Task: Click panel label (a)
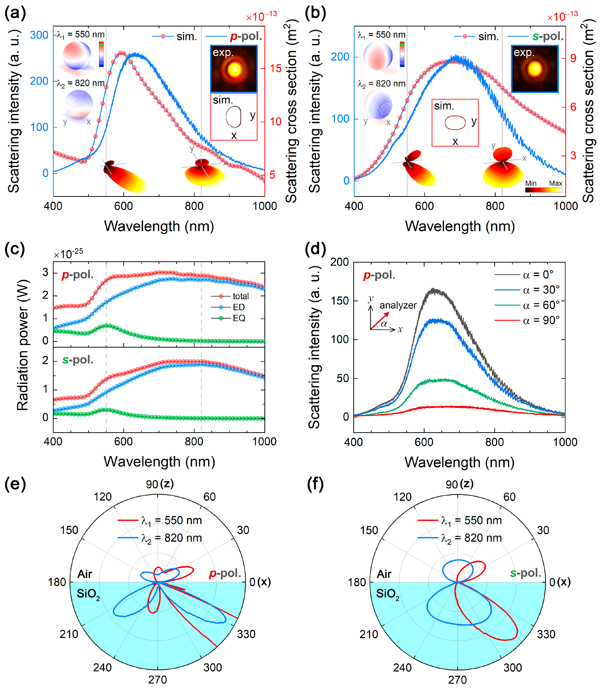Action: [15, 14]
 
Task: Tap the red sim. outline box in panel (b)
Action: [455, 123]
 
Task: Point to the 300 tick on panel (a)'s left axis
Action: [39, 35]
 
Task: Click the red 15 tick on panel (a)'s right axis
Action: [276, 68]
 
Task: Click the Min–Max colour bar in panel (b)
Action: [544, 190]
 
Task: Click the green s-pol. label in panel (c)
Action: [78, 360]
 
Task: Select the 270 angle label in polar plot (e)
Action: [157, 680]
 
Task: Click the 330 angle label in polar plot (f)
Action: [546, 634]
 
